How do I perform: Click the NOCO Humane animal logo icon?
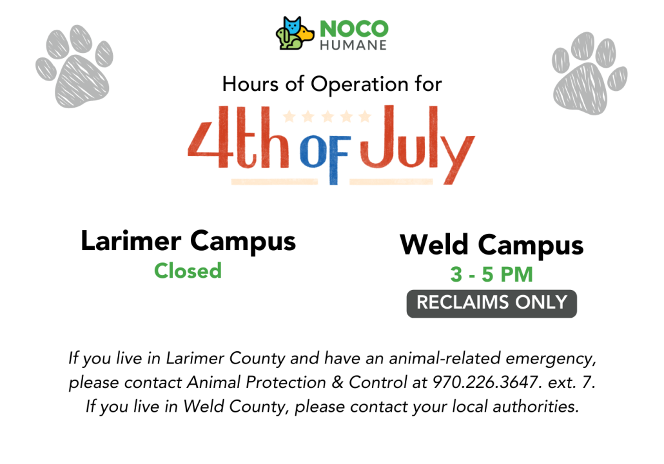[295, 33]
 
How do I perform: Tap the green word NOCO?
[354, 29]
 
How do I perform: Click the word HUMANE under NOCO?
[353, 45]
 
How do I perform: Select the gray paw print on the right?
[589, 73]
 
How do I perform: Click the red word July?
[418, 143]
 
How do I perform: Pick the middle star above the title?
[327, 116]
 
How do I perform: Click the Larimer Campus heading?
[188, 242]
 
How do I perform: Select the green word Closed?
[188, 271]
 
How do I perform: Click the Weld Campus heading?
[492, 245]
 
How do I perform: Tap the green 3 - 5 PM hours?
[492, 275]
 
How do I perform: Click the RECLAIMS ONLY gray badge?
[492, 304]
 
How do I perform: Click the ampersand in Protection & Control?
[337, 382]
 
